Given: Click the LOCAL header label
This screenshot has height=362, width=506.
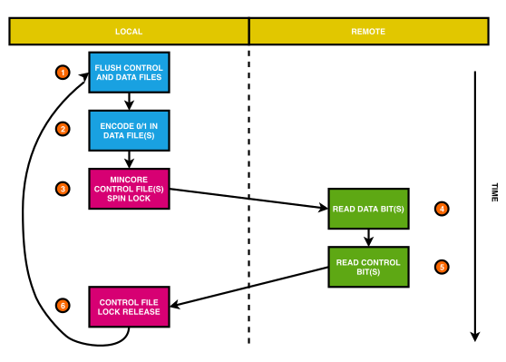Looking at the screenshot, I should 129,32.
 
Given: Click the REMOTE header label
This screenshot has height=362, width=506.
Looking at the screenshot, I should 368,32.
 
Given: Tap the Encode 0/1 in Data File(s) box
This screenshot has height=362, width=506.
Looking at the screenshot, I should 129,130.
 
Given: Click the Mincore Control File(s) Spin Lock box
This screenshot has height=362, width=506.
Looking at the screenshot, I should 129,188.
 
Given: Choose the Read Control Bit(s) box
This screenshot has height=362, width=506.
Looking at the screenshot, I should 368,267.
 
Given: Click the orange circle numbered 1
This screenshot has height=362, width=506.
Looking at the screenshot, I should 63,72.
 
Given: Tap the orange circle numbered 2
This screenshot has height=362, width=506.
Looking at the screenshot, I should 63,129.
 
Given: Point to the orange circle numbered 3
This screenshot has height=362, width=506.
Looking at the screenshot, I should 63,189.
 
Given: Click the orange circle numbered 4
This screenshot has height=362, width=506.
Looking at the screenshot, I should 442,208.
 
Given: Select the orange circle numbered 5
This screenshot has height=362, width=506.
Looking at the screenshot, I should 442,267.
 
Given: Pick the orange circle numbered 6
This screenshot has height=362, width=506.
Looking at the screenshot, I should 63,304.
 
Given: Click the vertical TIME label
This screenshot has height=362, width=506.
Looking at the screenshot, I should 494,192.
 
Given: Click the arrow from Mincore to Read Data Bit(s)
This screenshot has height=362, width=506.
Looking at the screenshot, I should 249,199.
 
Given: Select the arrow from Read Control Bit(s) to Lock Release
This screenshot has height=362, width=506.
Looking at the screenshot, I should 249,287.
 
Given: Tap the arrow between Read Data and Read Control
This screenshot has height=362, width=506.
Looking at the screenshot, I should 368,238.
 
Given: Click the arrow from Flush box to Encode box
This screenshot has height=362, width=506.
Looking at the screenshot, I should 129,101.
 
